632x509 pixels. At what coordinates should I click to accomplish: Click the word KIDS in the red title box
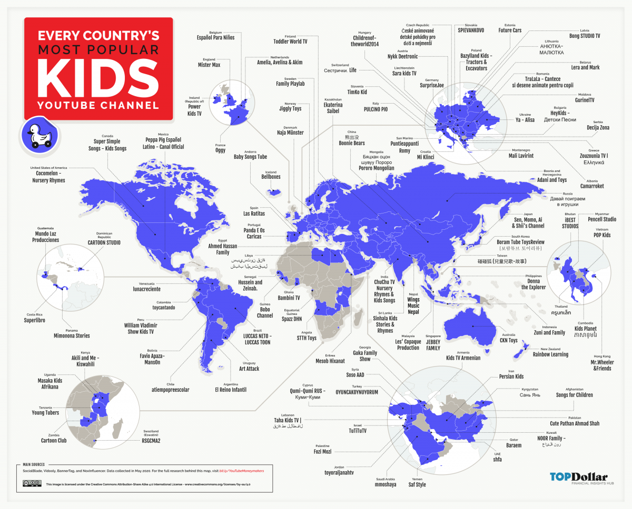coord(99,77)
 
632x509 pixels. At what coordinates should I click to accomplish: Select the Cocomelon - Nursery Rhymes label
coord(48,176)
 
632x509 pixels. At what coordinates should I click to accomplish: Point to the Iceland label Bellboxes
coord(271,177)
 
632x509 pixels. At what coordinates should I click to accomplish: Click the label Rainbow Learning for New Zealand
coord(550,354)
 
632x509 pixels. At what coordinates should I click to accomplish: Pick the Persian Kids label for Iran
coord(511,376)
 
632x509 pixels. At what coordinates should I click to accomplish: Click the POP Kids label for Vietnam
coord(603,236)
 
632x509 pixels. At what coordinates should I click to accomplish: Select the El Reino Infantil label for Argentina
coord(230,390)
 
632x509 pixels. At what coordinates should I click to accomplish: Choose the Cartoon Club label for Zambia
coord(54,441)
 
